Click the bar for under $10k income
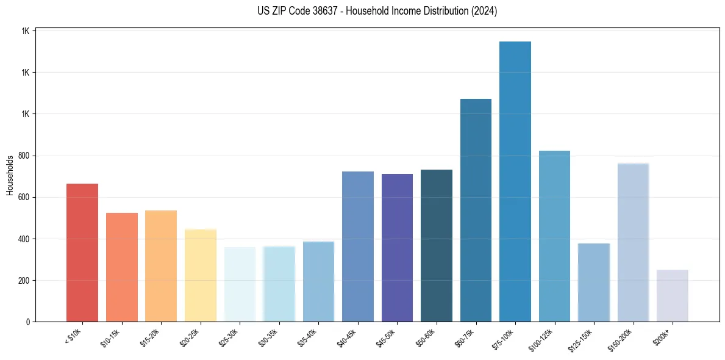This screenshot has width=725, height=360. click(x=82, y=253)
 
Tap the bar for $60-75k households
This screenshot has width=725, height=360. click(x=476, y=211)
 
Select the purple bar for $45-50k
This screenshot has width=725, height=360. click(x=397, y=248)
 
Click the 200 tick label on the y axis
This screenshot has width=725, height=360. click(x=24, y=281)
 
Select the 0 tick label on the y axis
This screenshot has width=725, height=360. click(x=28, y=322)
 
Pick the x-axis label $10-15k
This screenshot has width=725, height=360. click(x=110, y=337)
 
